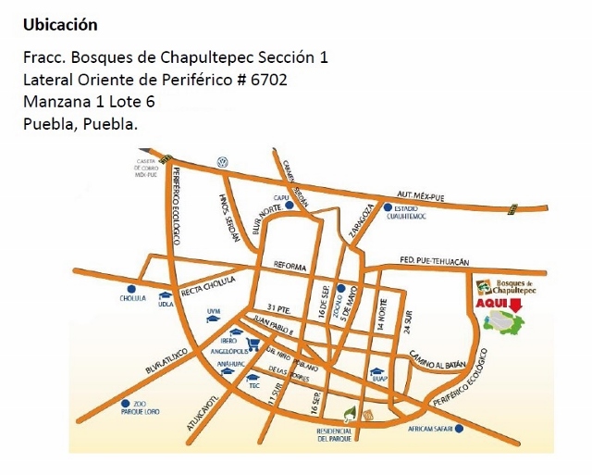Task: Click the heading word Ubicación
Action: tap(60, 23)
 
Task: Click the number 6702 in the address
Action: tap(267, 80)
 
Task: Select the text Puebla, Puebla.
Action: tap(80, 124)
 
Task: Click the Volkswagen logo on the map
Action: tap(222, 160)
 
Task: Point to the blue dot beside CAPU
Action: tap(290, 206)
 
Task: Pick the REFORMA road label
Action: tap(290, 266)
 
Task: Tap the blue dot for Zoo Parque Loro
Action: tap(125, 403)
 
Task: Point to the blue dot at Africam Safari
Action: tap(460, 430)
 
